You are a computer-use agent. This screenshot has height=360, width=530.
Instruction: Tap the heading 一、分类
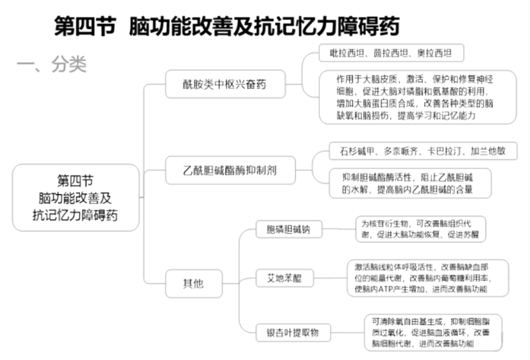click(x=51, y=64)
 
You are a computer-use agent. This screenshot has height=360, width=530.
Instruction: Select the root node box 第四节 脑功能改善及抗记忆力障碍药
click(x=76, y=198)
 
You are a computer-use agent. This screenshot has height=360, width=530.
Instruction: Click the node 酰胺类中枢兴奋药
click(x=225, y=85)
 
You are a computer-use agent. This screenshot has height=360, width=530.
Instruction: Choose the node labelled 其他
click(x=193, y=284)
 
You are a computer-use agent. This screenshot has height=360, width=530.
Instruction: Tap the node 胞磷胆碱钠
click(x=289, y=230)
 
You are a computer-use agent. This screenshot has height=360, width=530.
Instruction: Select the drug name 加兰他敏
click(x=489, y=151)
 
